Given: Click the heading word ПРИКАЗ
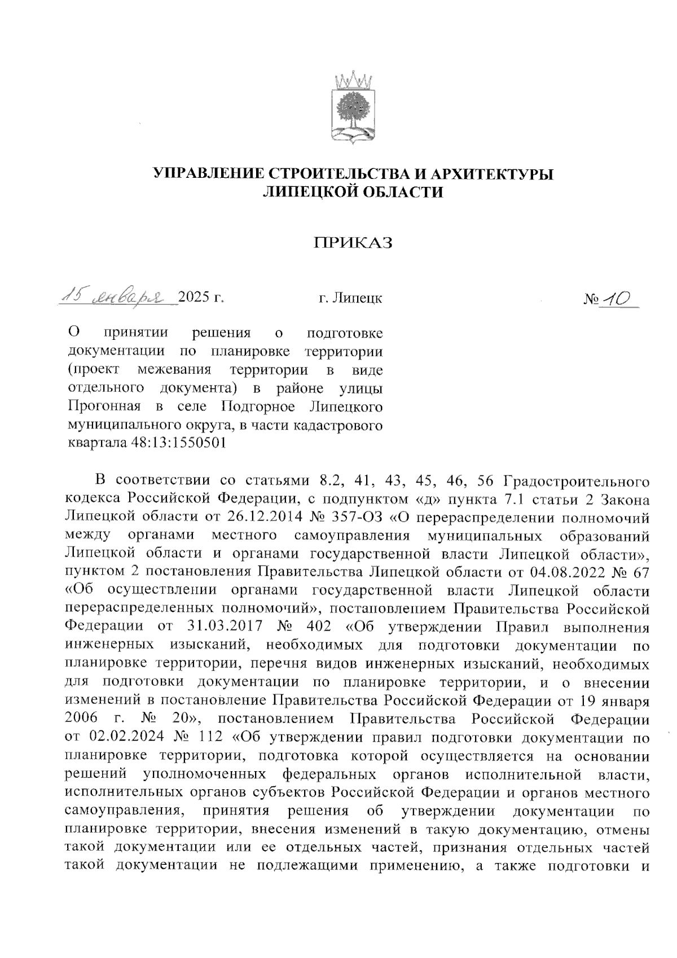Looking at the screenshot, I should tap(353, 243).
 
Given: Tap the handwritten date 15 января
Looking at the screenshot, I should tap(111, 296).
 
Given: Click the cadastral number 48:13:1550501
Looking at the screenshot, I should tap(174, 443).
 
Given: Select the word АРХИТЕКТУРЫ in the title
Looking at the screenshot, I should tap(483, 174).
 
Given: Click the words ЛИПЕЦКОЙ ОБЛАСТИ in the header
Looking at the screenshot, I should tap(353, 193).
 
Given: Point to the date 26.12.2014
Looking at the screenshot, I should tap(265, 517).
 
